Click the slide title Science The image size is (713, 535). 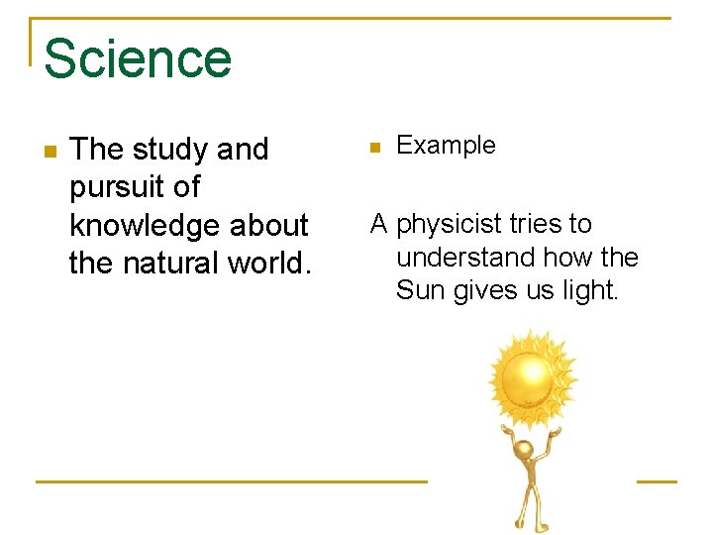[137, 58]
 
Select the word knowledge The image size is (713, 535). [146, 225]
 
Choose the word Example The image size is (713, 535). [446, 146]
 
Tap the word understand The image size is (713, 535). [465, 258]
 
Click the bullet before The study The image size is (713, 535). [51, 152]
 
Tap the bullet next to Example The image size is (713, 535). [374, 148]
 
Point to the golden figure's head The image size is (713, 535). [523, 451]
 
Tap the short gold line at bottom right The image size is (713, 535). [656, 481]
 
